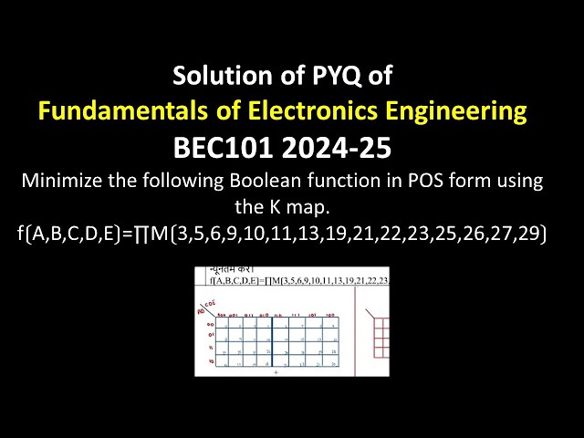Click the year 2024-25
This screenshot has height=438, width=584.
point(349,148)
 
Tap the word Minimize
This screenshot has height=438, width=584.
point(63,181)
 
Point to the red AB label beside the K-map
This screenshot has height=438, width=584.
point(203,310)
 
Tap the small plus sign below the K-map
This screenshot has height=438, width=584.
point(276,373)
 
